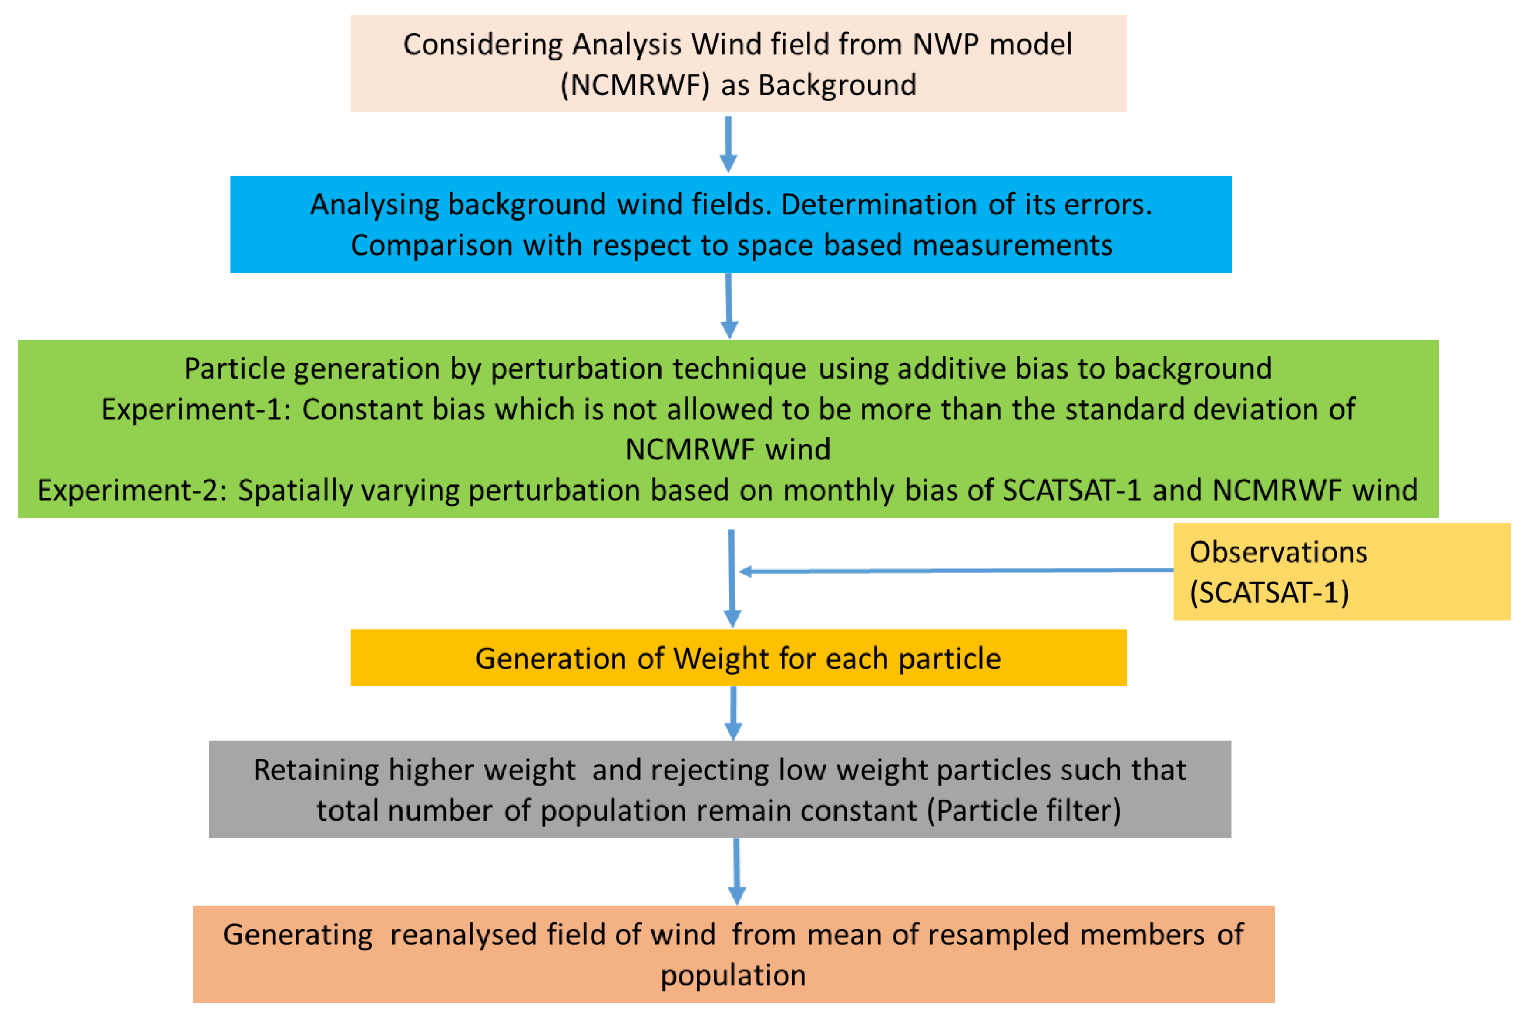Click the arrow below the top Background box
(729, 144)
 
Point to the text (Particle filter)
(1024, 811)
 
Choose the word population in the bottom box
(733, 975)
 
